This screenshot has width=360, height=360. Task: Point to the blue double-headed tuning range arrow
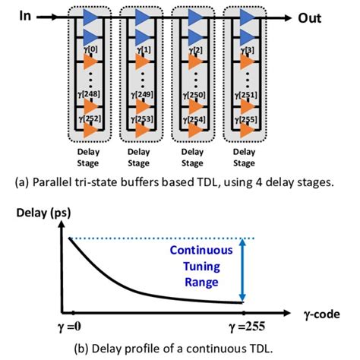242,270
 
